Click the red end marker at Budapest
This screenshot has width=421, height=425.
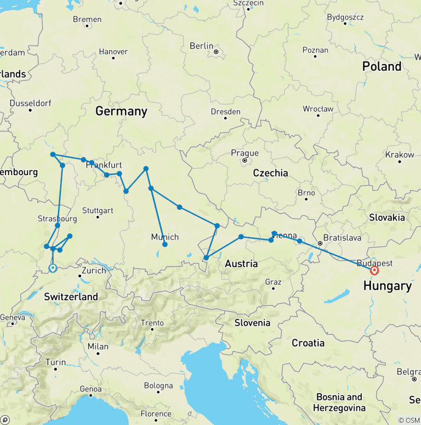tap(375, 270)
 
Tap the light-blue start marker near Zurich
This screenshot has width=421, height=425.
tap(53, 268)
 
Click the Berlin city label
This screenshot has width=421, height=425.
tap(201, 46)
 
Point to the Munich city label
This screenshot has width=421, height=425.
tap(165, 237)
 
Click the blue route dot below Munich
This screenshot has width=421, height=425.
tap(164, 245)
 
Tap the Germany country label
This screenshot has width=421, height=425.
tap(121, 111)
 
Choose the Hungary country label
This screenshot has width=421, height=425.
tap(386, 285)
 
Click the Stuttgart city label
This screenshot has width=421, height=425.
tap(97, 210)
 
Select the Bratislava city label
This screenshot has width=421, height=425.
tap(343, 238)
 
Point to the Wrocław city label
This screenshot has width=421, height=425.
tap(318, 109)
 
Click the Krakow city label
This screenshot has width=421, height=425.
tap(400, 154)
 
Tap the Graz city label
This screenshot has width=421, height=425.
tap(272, 282)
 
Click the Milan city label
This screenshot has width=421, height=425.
tap(98, 346)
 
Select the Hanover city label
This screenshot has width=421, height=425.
tap(113, 51)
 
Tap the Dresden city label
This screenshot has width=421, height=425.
tap(225, 112)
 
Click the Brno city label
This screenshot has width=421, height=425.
tap(306, 193)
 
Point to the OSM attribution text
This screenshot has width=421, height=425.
tap(408, 420)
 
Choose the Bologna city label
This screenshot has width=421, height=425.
tap(158, 386)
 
